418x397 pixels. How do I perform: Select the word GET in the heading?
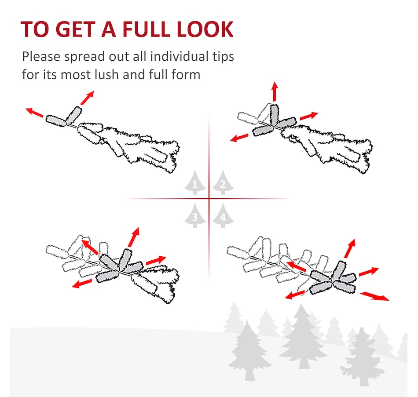(75, 29)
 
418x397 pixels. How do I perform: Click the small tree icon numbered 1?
(195, 182)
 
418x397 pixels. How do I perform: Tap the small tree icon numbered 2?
(223, 182)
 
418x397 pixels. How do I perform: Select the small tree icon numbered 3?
(195, 215)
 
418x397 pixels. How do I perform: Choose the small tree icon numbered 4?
(223, 215)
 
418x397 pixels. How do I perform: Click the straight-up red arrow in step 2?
(275, 91)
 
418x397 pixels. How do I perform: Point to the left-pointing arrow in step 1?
(34, 113)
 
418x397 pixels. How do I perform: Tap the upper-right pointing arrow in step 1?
(87, 98)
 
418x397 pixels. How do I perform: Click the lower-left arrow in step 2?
(239, 138)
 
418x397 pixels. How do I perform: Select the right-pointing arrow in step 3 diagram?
(156, 260)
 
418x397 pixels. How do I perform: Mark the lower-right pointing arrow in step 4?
(374, 296)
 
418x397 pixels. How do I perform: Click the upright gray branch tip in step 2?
(274, 115)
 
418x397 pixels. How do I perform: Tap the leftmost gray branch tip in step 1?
(56, 121)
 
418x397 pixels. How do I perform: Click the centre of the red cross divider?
(209, 199)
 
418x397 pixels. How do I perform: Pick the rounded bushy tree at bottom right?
(362, 357)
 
